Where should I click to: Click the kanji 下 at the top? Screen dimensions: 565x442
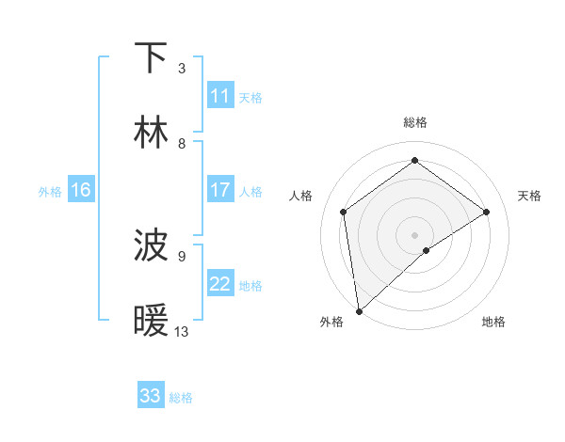click(152, 58)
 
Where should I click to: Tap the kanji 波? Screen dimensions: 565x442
click(152, 246)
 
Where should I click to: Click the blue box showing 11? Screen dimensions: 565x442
click(220, 96)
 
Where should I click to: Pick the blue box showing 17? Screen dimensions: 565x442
click(220, 190)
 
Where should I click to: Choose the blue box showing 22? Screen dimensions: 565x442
click(220, 284)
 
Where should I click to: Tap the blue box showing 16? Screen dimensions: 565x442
click(81, 190)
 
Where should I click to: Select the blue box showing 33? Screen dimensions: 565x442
click(151, 396)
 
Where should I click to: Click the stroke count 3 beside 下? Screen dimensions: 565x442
click(182, 69)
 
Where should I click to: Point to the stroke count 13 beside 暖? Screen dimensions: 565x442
click(182, 332)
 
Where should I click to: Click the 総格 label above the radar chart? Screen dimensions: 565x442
click(415, 122)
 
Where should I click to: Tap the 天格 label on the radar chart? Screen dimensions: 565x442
click(530, 196)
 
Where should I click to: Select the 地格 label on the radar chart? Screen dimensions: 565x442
click(493, 322)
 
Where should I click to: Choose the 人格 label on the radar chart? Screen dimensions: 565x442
click(301, 196)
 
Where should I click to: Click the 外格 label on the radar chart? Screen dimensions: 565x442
click(331, 322)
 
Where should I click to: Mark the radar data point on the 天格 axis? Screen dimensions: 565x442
click(487, 212)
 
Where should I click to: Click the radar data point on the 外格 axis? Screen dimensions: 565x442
click(358, 311)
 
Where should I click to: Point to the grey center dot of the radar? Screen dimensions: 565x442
click(415, 234)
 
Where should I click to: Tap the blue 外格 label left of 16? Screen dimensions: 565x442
click(50, 191)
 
